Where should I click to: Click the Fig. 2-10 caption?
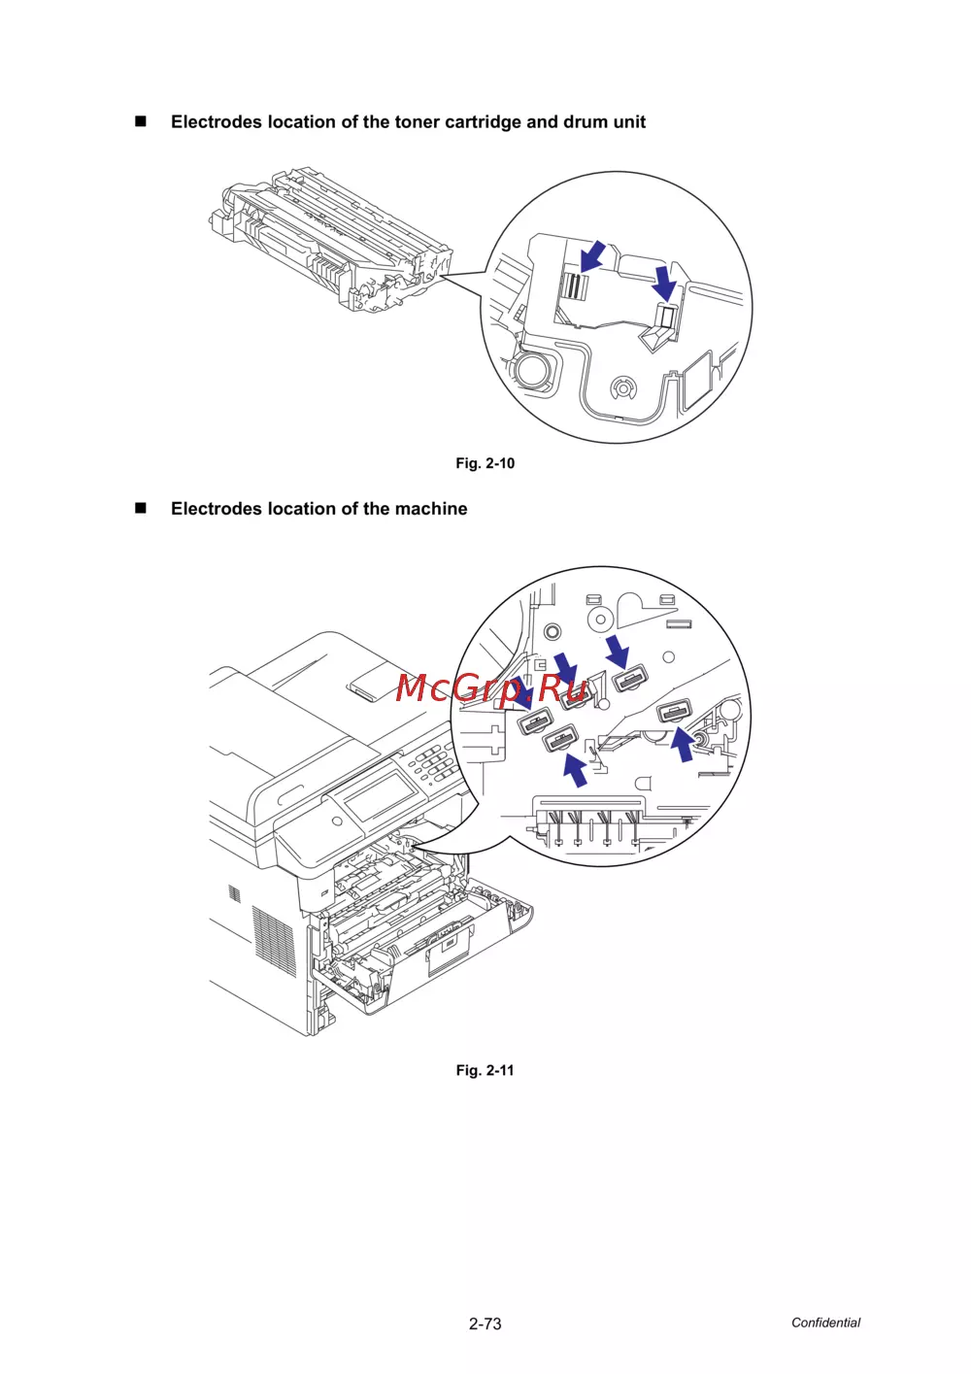(x=485, y=463)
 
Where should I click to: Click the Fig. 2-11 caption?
(x=485, y=1070)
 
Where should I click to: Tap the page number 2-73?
(x=485, y=1324)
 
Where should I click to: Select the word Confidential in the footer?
(x=825, y=1323)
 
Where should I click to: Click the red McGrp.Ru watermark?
(x=490, y=688)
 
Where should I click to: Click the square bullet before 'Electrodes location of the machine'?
(x=141, y=509)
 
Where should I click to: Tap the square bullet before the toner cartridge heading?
(x=141, y=121)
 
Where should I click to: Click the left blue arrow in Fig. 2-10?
(x=592, y=256)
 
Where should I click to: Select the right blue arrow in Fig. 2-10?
(x=665, y=283)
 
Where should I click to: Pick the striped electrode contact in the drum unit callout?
(x=574, y=286)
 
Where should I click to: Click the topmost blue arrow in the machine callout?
(x=618, y=652)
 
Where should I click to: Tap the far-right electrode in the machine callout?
(x=674, y=712)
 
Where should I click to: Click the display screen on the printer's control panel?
(x=380, y=797)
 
